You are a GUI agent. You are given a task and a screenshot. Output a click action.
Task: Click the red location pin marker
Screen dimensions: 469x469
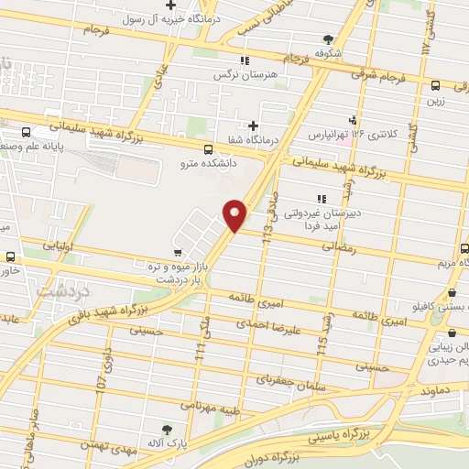point(235,214)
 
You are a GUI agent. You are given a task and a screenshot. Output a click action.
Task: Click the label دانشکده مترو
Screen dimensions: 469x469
point(209,164)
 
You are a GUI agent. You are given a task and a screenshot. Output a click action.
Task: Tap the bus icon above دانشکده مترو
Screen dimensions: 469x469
point(209,149)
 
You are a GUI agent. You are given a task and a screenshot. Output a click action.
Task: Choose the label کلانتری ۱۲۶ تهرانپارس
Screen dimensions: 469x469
point(352,135)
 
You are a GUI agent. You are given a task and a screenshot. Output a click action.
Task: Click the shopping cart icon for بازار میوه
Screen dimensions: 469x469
point(175,248)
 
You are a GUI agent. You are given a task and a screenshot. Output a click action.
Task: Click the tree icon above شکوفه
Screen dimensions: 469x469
point(328,38)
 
